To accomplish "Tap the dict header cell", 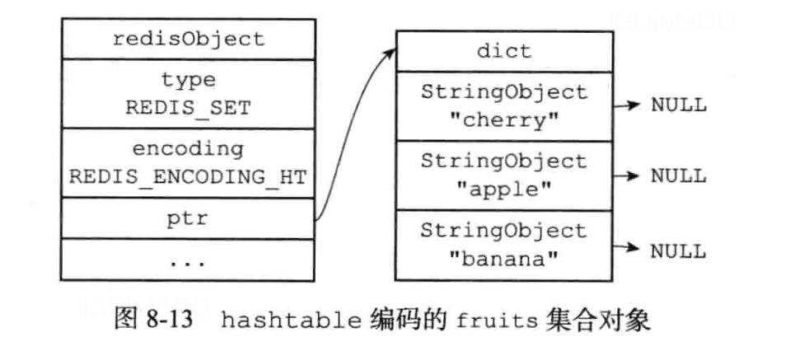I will (x=504, y=51).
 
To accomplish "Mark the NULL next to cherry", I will (x=678, y=105).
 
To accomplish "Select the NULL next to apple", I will (x=678, y=175).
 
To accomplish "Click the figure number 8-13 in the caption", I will (x=170, y=320).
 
